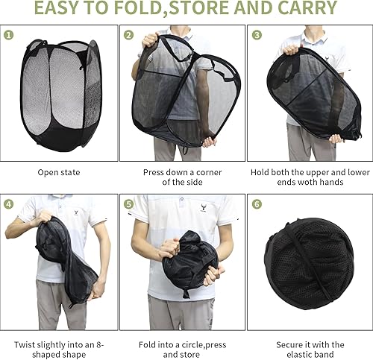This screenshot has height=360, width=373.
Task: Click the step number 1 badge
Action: [8, 35]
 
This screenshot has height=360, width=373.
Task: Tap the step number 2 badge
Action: [128, 35]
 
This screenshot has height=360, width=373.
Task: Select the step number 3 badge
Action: [257, 35]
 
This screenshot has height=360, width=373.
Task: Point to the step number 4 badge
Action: [8, 204]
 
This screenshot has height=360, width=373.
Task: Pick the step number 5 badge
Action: [128, 204]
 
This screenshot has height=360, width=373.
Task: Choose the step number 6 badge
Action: [257, 204]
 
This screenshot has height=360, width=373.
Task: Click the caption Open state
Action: [59, 172]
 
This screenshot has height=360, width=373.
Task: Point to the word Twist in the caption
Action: [23, 345]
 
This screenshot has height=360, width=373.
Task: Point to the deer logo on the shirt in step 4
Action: [76, 213]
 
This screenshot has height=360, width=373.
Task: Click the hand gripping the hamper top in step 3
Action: [292, 49]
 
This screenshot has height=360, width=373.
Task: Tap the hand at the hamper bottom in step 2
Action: [209, 142]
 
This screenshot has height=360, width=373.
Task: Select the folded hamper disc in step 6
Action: [309, 264]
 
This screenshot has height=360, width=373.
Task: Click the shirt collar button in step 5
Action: [182, 199]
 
